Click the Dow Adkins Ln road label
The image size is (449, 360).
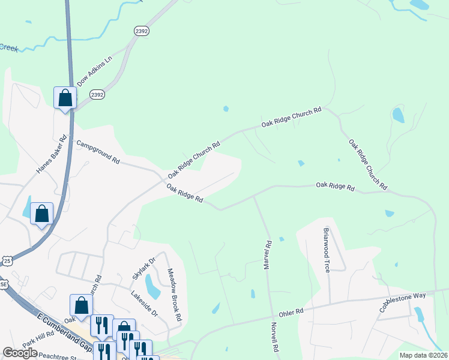click(95, 71)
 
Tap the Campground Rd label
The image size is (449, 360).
click(98, 152)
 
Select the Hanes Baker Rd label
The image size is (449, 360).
click(50, 158)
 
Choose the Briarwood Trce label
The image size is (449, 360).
click(327, 250)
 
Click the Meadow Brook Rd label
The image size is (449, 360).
click(174, 294)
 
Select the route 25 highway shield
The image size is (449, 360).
click(7, 260)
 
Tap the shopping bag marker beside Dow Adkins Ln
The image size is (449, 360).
click(65, 97)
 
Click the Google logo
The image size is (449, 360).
click(20, 353)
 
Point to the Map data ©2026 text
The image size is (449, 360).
click(423, 355)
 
